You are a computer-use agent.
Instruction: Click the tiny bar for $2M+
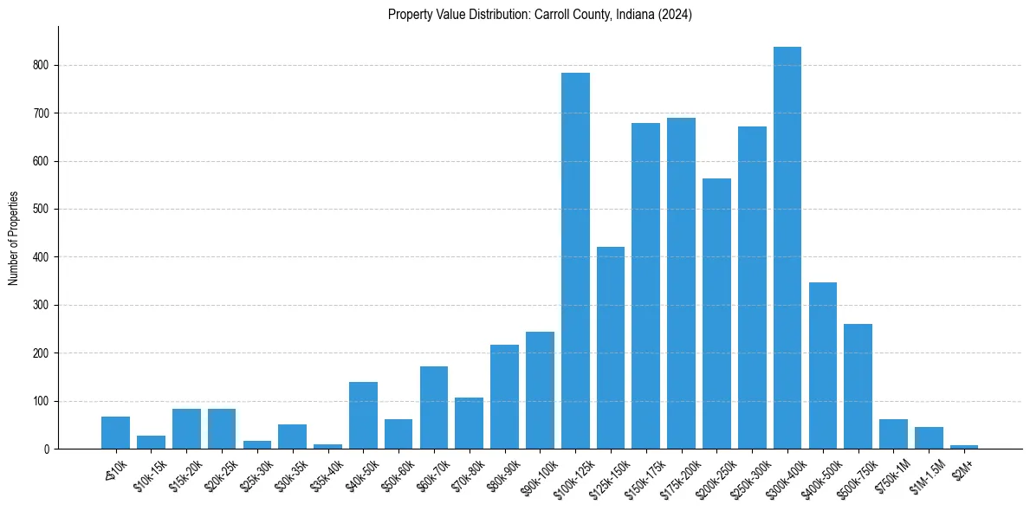pyautogui.click(x=964, y=447)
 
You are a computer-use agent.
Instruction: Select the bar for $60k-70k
pyautogui.click(x=434, y=408)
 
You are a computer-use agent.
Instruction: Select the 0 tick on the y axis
pyautogui.click(x=48, y=450)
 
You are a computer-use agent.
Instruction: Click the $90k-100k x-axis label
pyautogui.click(x=538, y=475)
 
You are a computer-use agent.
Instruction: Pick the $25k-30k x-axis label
pyautogui.click(x=256, y=475)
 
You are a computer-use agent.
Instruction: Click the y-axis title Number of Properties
pyautogui.click(x=13, y=238)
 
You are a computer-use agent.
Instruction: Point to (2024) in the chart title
pyautogui.click(x=676, y=15)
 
